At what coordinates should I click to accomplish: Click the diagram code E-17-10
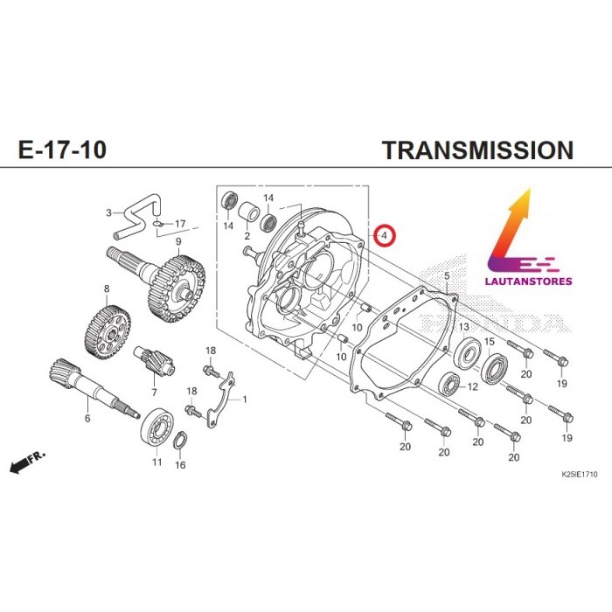63,150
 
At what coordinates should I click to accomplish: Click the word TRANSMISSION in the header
477,150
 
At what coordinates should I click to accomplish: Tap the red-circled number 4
384,235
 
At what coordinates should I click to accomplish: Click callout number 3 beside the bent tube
109,212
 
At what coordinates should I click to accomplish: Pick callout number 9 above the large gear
178,241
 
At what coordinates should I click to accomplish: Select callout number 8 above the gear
107,289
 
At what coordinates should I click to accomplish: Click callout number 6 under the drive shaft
87,419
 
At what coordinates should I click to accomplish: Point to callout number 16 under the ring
180,465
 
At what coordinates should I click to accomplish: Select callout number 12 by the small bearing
472,386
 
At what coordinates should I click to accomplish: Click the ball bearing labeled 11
158,426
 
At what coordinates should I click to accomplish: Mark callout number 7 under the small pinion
154,392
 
